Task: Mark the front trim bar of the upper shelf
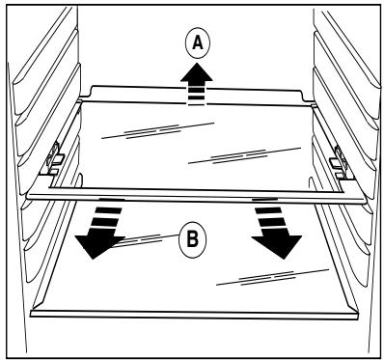198,195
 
